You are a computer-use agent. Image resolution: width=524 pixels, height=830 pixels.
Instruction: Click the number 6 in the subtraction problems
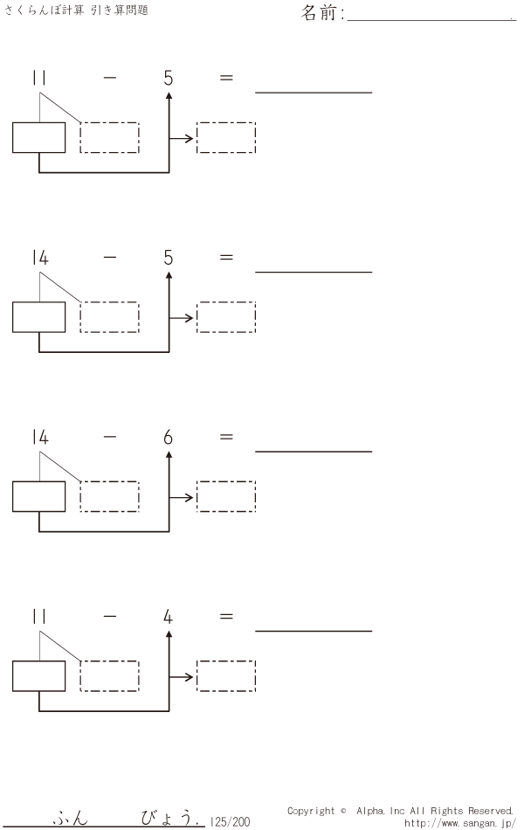click(168, 438)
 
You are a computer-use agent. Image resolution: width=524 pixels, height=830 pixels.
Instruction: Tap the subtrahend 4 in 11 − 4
click(168, 617)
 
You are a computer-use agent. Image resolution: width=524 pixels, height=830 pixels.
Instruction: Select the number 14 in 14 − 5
click(39, 258)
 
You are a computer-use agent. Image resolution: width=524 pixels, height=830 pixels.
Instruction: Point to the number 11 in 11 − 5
click(39, 79)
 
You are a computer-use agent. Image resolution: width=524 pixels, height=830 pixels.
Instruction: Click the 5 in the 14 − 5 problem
click(168, 258)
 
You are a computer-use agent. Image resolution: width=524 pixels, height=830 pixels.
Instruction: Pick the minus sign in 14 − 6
click(109, 437)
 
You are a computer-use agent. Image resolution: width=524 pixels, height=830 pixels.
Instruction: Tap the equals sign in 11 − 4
click(226, 616)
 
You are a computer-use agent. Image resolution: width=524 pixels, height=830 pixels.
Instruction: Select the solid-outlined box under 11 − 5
click(39, 138)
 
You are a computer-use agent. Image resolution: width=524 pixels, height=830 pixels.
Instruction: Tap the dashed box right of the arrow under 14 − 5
click(226, 317)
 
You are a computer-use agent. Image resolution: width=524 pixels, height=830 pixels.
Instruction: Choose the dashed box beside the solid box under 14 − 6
click(109, 496)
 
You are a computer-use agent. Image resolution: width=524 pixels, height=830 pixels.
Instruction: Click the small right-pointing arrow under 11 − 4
click(183, 677)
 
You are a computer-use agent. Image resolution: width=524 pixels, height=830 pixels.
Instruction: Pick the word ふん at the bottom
click(70, 820)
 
